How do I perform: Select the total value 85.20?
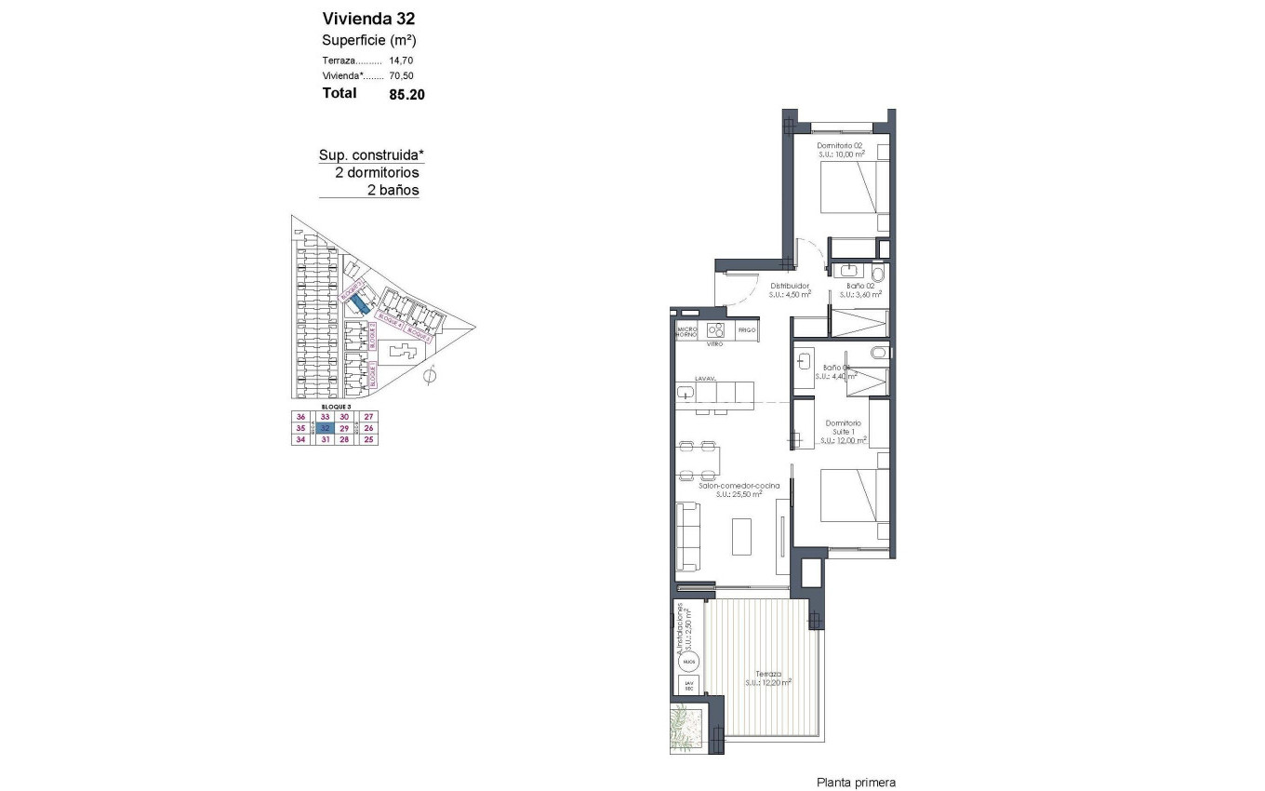point(406,93)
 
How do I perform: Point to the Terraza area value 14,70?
point(402,60)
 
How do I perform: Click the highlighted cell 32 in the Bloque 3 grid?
point(325,428)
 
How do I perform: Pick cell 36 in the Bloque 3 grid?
point(300,416)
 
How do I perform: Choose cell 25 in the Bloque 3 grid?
point(368,440)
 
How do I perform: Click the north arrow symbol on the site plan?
point(430,377)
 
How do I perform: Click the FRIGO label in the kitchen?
point(747,330)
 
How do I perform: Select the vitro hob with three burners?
point(715,330)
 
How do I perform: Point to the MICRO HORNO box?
point(687,331)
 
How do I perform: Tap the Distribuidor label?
point(790,286)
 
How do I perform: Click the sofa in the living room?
point(687,536)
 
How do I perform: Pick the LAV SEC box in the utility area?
point(689,687)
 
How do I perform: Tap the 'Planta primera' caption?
point(856,783)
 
